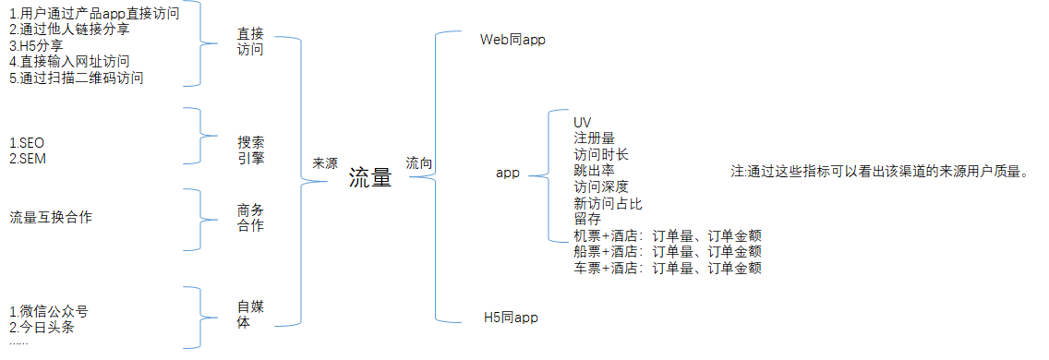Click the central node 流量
pos(370,179)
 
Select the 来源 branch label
pos(325,162)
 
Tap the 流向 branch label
pos(419,163)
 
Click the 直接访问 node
pos(250,42)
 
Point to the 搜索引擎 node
pos(250,150)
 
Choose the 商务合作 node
pos(250,218)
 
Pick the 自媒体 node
pos(250,315)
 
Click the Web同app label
pos(513,41)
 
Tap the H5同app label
pos(511,318)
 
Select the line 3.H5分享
pos(37,45)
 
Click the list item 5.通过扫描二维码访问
pos(76,78)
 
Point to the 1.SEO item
pos(27,143)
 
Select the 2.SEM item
pos(28,159)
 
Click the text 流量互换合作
pos(51,218)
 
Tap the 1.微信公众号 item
pos(48,311)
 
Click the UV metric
pos(583,123)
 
